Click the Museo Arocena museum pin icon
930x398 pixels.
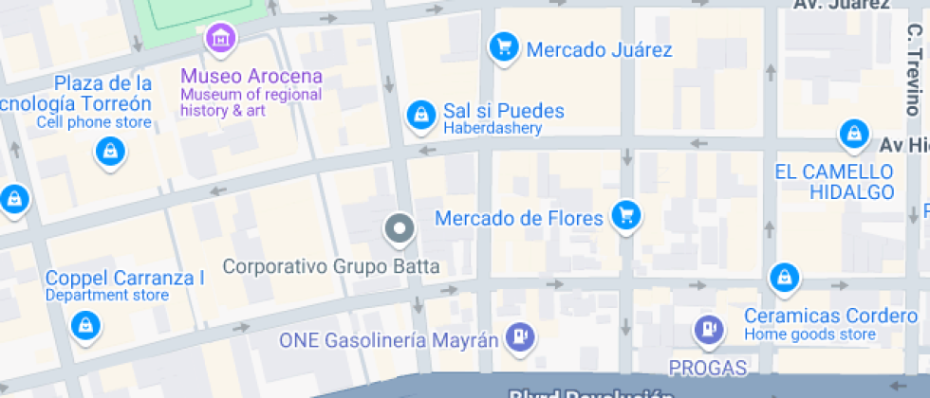(x=221, y=39)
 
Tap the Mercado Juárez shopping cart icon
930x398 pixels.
(x=502, y=45)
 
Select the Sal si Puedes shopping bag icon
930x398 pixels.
(x=418, y=115)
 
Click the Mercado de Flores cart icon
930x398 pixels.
(x=625, y=215)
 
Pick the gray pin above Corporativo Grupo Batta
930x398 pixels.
(x=399, y=228)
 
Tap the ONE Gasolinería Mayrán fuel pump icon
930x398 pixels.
(x=519, y=335)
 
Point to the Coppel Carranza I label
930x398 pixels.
(x=125, y=279)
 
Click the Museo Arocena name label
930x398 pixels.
(x=251, y=77)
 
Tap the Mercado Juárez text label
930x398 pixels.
(x=599, y=50)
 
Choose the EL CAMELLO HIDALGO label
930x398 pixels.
(x=834, y=182)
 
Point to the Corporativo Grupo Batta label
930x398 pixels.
(x=331, y=266)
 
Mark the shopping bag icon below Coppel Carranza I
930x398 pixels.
(x=86, y=325)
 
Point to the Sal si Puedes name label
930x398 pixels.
(x=504, y=111)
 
